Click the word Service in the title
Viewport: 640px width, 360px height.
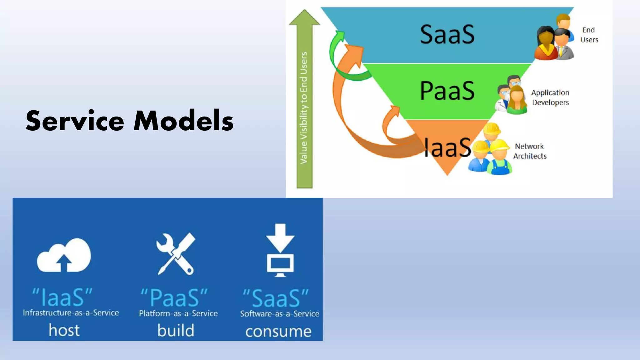point(75,121)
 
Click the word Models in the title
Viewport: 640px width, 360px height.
point(183,121)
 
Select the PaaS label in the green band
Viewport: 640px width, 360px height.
point(447,91)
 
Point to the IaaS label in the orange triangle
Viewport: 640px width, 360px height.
point(447,147)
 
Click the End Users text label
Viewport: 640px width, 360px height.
point(589,35)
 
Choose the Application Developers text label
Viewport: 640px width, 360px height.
point(550,97)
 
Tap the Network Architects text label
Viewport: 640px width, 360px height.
point(530,151)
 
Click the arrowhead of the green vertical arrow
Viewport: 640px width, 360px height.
point(304,18)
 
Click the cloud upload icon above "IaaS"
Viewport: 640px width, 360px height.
point(64,256)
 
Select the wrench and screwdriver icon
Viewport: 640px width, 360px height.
point(176,254)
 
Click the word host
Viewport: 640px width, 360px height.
point(64,330)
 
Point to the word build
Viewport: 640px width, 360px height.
point(176,330)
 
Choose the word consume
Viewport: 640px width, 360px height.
point(278,331)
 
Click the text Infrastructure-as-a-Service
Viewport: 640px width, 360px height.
point(71,313)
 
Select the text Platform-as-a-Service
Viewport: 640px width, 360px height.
point(178,313)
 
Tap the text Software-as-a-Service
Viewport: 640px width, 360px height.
point(280,314)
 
